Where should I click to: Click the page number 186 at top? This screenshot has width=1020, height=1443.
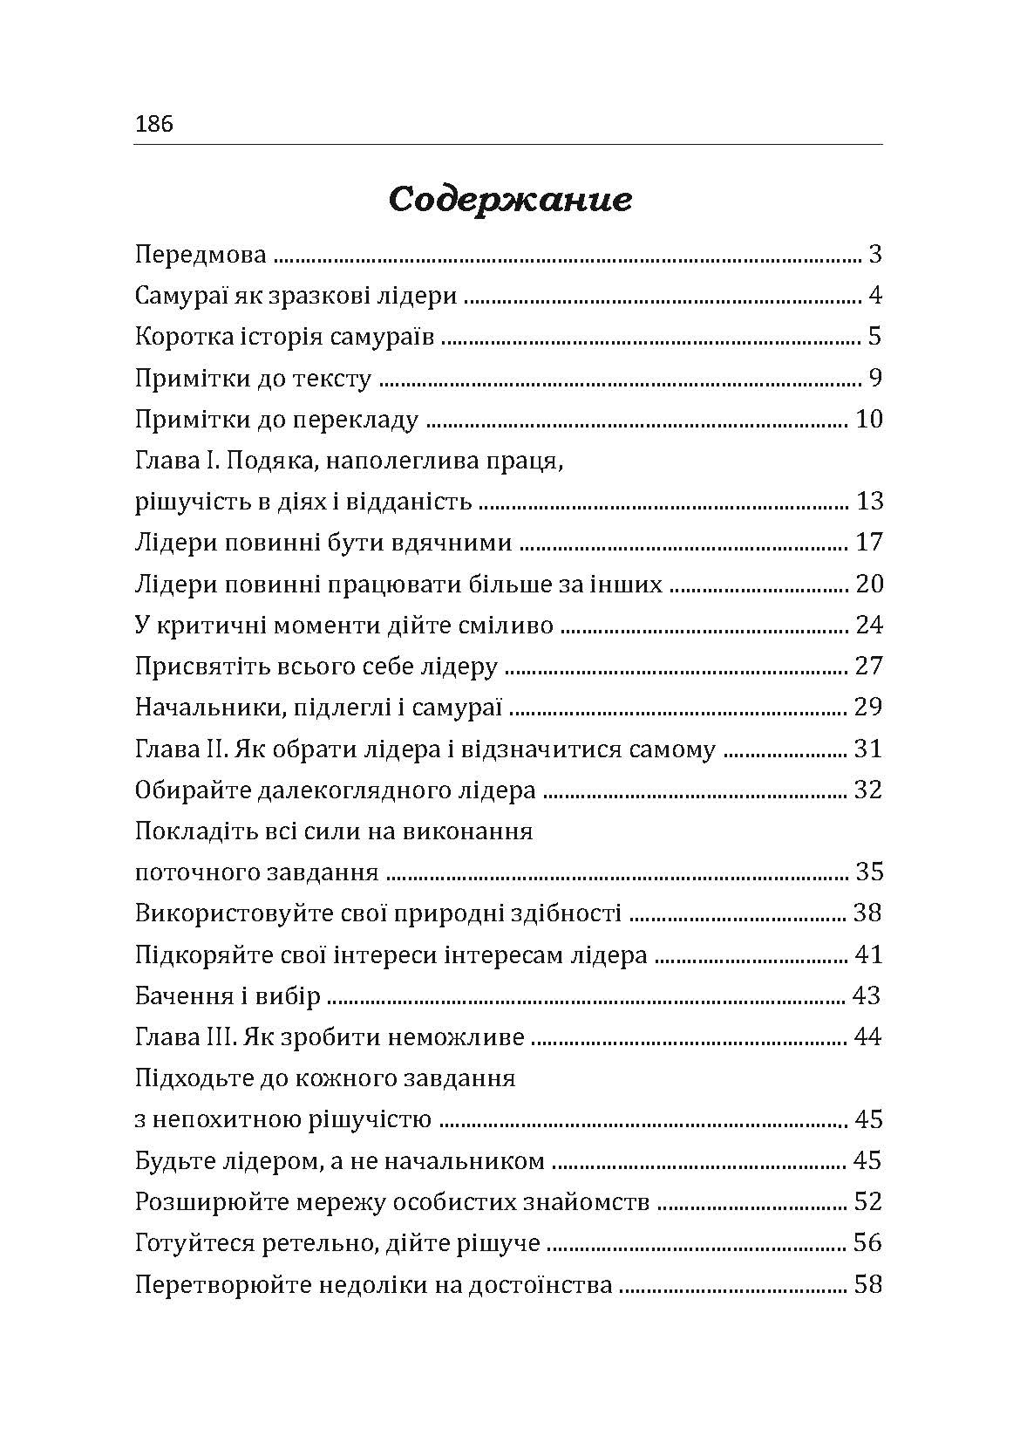click(154, 124)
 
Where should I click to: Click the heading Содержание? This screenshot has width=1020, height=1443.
click(509, 201)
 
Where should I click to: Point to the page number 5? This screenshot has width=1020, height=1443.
click(875, 337)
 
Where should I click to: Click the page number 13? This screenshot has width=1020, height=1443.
click(869, 502)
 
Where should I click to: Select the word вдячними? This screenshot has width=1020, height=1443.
click(454, 543)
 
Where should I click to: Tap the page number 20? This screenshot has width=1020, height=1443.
click(869, 584)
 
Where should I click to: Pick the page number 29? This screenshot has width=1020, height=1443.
click(869, 707)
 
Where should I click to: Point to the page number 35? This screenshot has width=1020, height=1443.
click(869, 872)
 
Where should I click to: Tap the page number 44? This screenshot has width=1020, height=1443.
click(869, 1037)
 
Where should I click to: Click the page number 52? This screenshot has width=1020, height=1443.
click(869, 1201)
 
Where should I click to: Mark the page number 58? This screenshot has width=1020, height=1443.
click(869, 1285)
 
